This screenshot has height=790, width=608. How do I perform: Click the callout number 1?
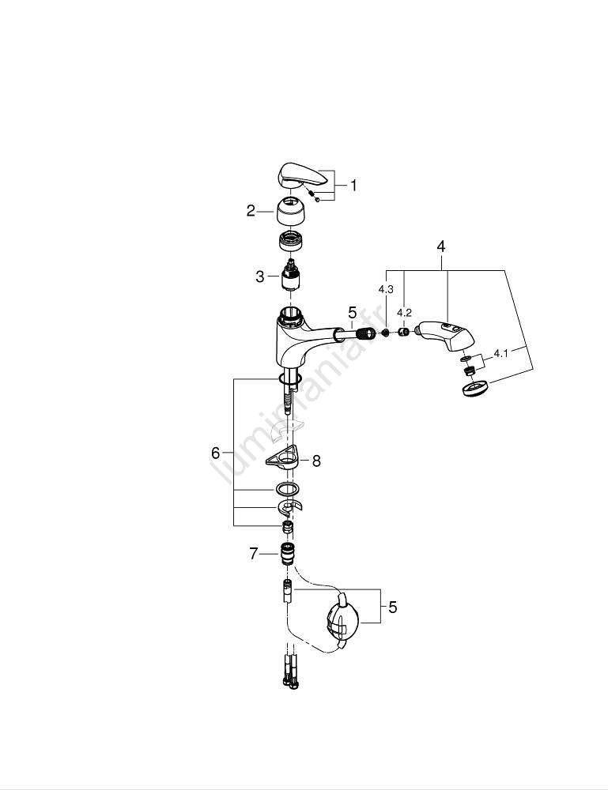point(353,186)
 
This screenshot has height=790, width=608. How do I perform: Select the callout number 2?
point(251,211)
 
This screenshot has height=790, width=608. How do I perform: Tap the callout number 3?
point(259,276)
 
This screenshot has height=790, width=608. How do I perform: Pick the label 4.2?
point(404,313)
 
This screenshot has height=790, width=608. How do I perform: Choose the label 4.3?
point(386,290)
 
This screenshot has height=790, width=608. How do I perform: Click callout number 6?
point(215,453)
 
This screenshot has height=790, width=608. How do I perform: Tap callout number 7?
point(254,555)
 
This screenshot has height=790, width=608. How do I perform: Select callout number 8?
point(316,461)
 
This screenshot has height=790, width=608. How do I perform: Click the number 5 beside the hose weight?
point(392,608)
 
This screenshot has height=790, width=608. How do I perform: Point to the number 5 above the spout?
point(353,314)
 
